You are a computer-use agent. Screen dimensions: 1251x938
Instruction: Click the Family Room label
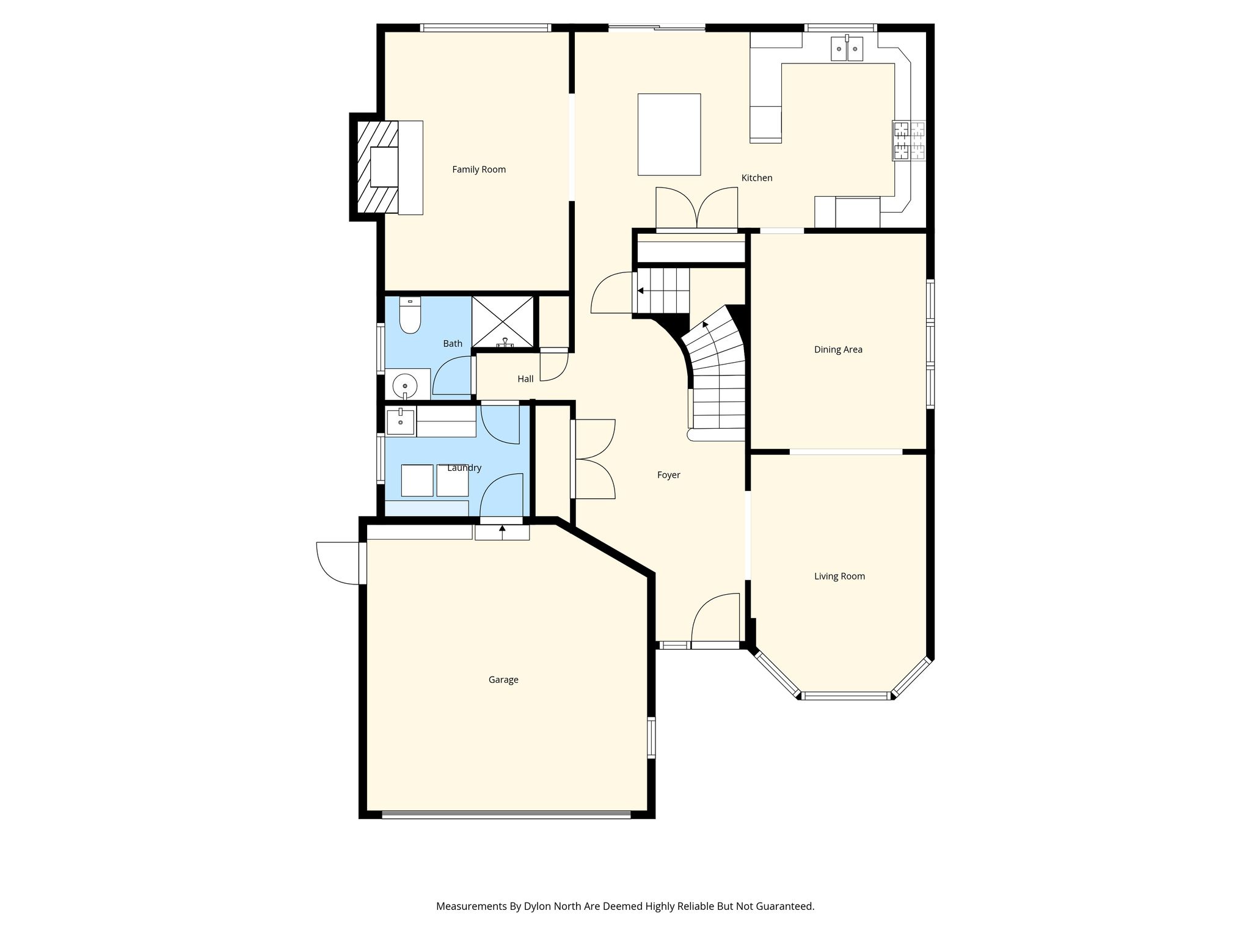(479, 170)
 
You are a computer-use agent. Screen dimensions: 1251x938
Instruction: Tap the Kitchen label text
(757, 178)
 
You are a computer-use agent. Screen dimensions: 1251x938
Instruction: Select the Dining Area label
(838, 350)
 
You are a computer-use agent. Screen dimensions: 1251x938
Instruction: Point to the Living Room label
(839, 576)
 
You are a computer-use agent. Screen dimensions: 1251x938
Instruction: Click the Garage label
(503, 680)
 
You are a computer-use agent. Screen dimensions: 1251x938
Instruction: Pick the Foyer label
(668, 475)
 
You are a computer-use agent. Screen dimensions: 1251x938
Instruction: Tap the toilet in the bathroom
(410, 315)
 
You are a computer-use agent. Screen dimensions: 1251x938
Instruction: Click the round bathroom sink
(404, 386)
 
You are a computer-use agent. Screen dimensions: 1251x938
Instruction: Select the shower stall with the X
(503, 322)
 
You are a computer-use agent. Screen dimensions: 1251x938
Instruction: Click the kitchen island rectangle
(669, 134)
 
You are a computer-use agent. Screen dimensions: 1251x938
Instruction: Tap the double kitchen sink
(847, 48)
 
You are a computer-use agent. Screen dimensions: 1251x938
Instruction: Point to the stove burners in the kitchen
(909, 140)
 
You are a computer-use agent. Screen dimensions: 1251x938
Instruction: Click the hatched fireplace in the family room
(377, 167)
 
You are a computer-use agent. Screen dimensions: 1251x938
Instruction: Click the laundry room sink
(401, 421)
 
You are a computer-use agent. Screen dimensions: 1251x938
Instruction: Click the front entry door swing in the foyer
(715, 617)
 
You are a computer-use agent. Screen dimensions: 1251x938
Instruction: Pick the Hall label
(525, 379)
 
